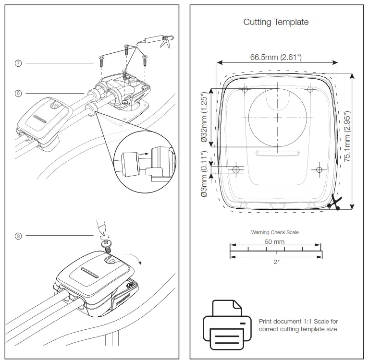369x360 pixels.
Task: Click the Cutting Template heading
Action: coord(276,22)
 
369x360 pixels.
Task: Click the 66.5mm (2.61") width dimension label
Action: coord(276,57)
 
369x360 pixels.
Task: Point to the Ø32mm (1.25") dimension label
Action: coord(204,118)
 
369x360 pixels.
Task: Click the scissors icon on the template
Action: coord(334,203)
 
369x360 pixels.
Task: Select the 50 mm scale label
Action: coord(275,242)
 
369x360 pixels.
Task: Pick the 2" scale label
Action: coord(276,262)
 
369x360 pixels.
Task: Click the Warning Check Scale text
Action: coord(275,232)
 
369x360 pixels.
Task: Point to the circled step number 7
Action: coord(19,63)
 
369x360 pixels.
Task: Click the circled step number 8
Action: coord(19,94)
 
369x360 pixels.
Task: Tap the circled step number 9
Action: coord(19,236)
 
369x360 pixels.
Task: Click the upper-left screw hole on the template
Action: coord(245,90)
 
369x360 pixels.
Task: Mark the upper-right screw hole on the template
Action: coord(310,89)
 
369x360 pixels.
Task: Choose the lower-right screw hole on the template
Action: coord(319,169)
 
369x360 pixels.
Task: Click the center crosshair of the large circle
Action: coord(278,118)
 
